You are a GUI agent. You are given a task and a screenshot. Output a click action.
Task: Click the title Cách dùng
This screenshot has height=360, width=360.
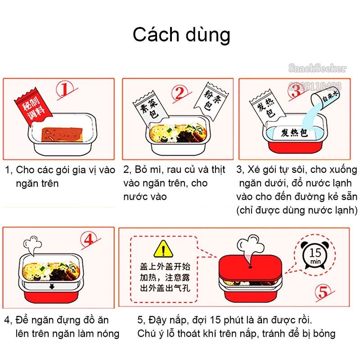pyautogui.click(x=181, y=35)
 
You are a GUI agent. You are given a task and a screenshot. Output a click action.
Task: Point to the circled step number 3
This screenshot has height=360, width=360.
pyautogui.click(x=297, y=91)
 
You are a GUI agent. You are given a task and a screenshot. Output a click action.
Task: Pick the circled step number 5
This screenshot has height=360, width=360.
pyautogui.click(x=323, y=292)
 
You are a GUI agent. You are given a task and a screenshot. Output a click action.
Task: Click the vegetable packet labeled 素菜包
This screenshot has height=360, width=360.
pyautogui.click(x=145, y=107)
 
